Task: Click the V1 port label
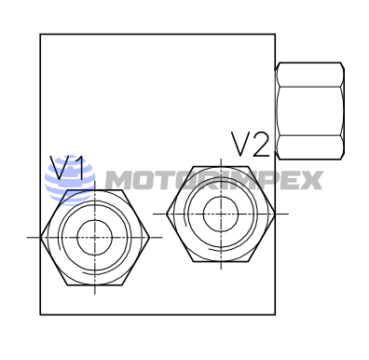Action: pos(67,168)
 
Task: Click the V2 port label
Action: pos(251,145)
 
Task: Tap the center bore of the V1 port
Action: pos(94,237)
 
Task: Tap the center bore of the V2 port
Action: pos(221,214)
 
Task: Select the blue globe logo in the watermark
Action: pos(70,180)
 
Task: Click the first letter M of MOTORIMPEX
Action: pos(118,180)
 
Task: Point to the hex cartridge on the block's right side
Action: pos(310,111)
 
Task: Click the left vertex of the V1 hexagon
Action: pos(40,237)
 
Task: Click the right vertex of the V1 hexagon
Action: pos(149,237)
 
